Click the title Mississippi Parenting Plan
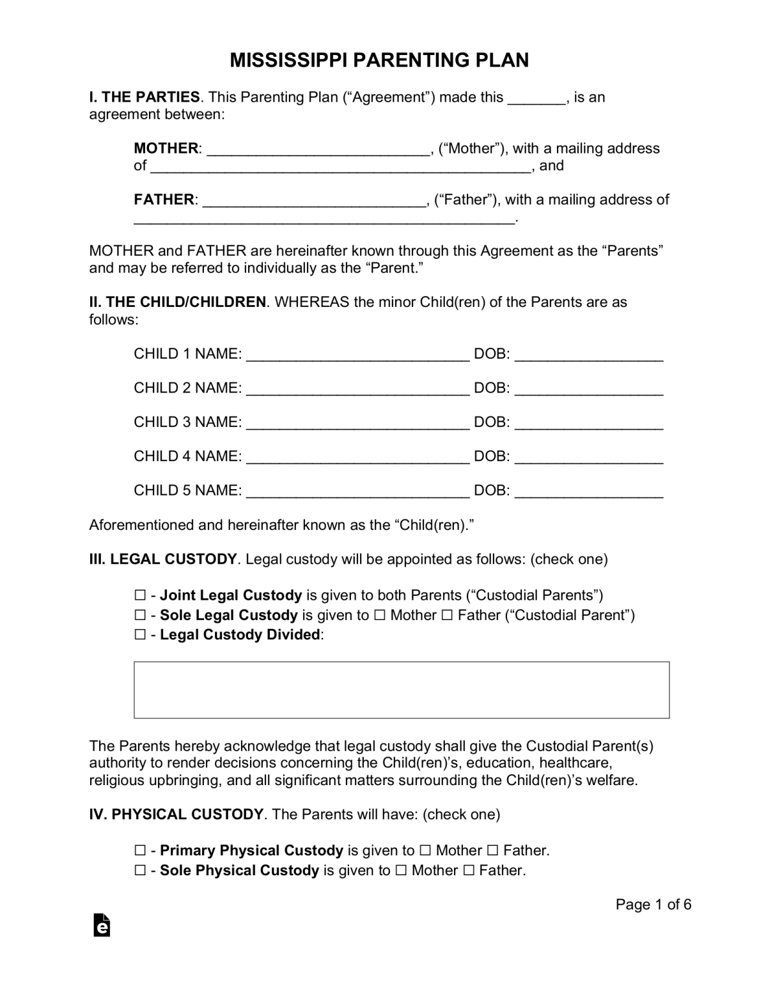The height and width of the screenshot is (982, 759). tap(379, 60)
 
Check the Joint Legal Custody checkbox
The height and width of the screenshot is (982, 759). tap(140, 595)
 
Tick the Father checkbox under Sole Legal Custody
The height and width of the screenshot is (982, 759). tap(447, 615)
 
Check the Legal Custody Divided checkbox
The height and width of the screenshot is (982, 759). tap(140, 635)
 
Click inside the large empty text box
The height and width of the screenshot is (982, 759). tap(401, 690)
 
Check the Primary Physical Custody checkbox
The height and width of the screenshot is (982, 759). tap(140, 850)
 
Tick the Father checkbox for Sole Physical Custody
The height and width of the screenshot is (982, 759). tap(468, 870)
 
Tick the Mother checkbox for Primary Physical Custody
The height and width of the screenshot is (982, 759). tap(425, 850)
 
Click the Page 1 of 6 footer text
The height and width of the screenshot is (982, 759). tap(653, 904)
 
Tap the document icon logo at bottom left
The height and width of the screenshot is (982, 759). tap(102, 924)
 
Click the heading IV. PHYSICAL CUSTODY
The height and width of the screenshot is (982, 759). tap(176, 814)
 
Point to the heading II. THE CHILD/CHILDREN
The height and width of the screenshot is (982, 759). tap(177, 302)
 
